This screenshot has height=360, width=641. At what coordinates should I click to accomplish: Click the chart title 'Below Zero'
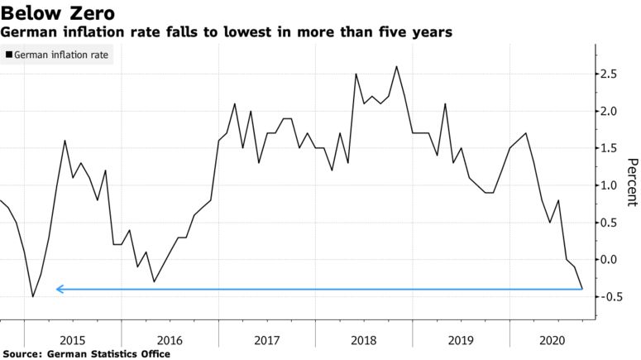[x=57, y=13]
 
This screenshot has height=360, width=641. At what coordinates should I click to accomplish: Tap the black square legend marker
[x=9, y=55]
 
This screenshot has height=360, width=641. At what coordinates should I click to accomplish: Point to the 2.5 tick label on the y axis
[x=610, y=74]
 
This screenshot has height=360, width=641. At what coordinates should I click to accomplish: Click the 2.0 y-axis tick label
[x=610, y=112]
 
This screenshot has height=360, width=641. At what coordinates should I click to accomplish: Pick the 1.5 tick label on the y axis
[x=610, y=148]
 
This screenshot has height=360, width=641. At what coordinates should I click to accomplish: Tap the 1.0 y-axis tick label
[x=610, y=185]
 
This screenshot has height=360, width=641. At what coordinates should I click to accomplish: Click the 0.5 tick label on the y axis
[x=610, y=223]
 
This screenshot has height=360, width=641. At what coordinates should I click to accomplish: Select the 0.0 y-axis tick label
[x=610, y=260]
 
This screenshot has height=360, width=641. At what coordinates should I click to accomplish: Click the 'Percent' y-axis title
[x=632, y=182]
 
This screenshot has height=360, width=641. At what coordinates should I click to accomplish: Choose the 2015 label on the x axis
[x=72, y=339]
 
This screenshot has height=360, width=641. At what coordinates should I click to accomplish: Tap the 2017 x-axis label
[x=266, y=339]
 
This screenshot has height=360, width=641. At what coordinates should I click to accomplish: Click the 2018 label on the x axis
[x=364, y=339]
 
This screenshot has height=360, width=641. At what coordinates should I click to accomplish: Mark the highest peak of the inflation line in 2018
[x=397, y=67]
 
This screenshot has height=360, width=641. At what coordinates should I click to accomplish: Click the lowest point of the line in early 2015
[x=33, y=296]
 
